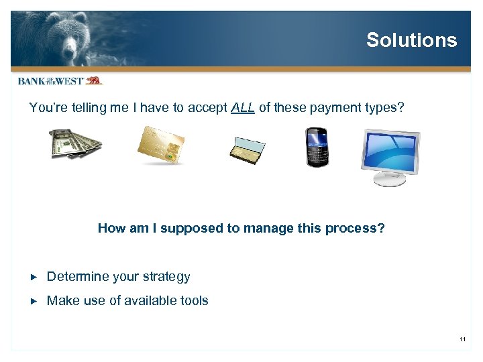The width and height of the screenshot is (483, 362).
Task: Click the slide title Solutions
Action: [x=411, y=40]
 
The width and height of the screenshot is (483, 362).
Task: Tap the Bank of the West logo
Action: [x=60, y=80]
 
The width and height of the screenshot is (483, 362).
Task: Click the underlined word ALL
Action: [x=243, y=108]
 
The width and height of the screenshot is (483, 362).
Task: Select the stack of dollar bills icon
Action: [x=75, y=143]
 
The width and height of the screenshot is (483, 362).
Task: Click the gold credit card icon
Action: [x=160, y=145]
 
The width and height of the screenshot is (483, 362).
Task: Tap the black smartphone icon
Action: [x=316, y=147]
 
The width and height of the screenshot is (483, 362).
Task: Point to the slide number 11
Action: [x=462, y=341]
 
